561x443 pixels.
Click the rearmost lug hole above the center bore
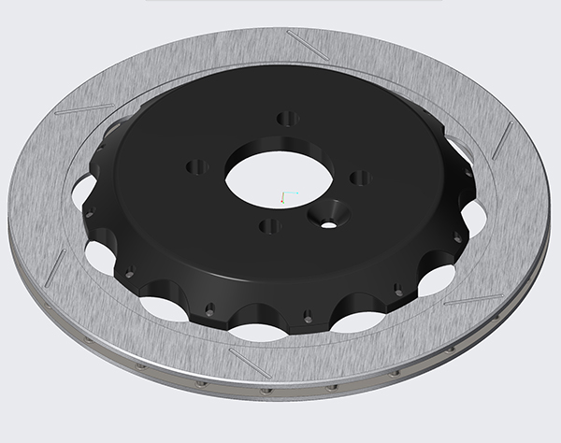point(288,119)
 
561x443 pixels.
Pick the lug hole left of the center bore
point(195,167)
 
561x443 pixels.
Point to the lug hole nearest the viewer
point(270,226)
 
